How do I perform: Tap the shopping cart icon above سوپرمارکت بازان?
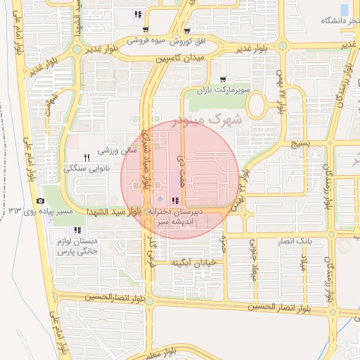pos(223,79)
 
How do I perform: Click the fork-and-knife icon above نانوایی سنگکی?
pos(86,157)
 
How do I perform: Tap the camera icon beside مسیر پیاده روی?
pos(40,201)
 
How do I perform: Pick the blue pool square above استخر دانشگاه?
pos(344,9)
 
